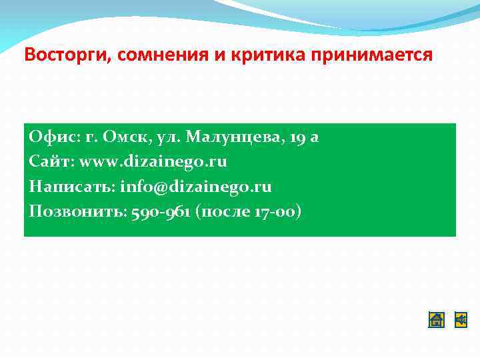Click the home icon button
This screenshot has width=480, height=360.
coord(436,320)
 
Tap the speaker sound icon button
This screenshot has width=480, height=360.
coord(461,320)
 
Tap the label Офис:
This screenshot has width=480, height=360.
coord(54,137)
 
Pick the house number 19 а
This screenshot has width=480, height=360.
coord(305,137)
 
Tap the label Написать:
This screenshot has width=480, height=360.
coord(72,187)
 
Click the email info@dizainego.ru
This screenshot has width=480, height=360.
coord(196,187)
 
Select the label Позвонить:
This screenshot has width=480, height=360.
coord(76,212)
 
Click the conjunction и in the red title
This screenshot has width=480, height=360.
coord(220,55)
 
